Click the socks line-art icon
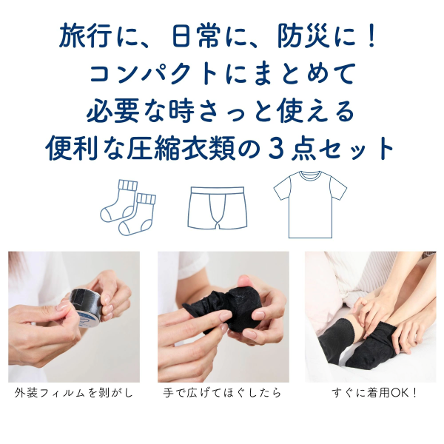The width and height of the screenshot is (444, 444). [x=128, y=207]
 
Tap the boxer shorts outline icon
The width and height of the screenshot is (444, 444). [x=217, y=207]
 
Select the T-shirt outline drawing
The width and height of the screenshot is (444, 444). [x=310, y=204]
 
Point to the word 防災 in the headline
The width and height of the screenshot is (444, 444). [x=303, y=37]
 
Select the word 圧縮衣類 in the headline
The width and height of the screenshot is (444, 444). [x=181, y=148]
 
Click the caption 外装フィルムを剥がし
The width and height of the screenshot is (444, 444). [x=74, y=393]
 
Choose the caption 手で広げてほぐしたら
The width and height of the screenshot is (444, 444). [x=222, y=393]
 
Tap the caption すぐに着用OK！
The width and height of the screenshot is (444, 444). [x=374, y=393]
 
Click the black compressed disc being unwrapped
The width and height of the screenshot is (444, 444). [x=85, y=303]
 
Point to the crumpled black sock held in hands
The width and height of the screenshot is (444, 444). [x=223, y=309]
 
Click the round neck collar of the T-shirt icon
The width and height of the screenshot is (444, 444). [x=310, y=175]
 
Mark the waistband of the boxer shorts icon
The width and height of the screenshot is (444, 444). [x=218, y=190]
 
